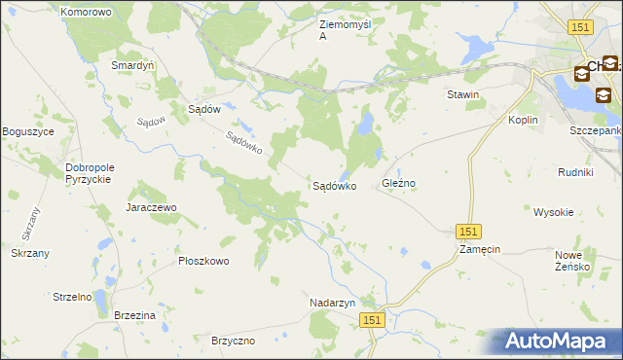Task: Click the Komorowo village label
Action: click(x=86, y=12)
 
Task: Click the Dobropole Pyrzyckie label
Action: click(x=90, y=173)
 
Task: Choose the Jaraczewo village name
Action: click(x=150, y=207)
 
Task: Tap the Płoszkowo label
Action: click(x=203, y=261)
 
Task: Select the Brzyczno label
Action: click(x=233, y=341)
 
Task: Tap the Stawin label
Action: click(x=463, y=94)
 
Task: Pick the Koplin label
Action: click(x=524, y=120)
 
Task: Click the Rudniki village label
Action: click(x=575, y=172)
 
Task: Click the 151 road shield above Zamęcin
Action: click(x=468, y=231)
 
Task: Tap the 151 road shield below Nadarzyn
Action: click(x=371, y=319)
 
